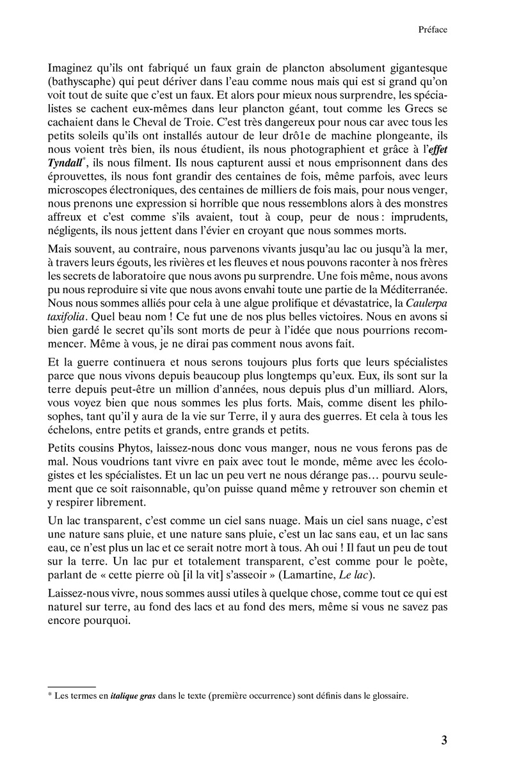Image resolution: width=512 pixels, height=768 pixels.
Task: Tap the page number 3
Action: [444, 740]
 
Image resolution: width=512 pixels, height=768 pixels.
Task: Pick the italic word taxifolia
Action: [69, 333]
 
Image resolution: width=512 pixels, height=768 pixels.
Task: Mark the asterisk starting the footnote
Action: [50, 695]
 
